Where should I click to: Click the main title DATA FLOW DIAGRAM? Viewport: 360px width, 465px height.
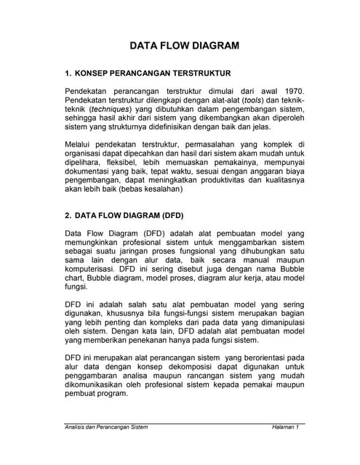coord(184,46)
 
